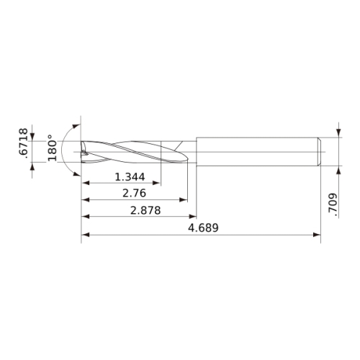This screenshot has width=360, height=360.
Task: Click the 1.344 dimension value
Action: tap(130, 177)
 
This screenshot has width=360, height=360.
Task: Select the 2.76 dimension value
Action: tap(134, 193)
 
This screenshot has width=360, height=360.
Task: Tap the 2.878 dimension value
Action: tap(145, 210)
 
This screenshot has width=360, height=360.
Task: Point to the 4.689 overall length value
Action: tap(203, 228)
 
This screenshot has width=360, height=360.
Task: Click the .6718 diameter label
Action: tap(24, 143)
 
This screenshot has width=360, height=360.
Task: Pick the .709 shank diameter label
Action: tap(333, 203)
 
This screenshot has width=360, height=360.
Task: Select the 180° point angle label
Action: tap(52, 148)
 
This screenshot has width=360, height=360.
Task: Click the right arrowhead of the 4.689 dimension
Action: tap(317, 235)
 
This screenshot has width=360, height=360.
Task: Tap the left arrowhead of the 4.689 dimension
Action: tap(86, 235)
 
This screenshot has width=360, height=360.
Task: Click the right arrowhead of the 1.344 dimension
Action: tap(156, 183)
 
